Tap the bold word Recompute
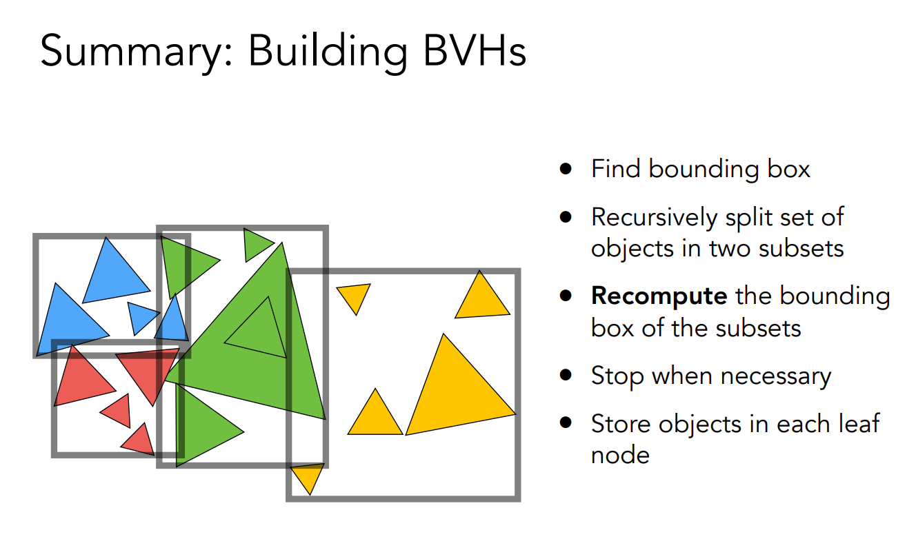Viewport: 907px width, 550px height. pyautogui.click(x=659, y=296)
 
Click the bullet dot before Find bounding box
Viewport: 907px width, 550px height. pyautogui.click(x=566, y=169)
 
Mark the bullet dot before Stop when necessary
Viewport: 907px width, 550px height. pyautogui.click(x=566, y=376)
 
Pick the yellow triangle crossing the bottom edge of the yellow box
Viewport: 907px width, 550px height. pyautogui.click(x=308, y=476)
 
